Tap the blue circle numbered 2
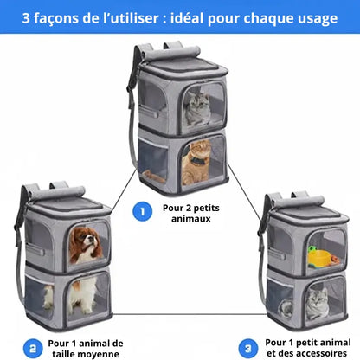(33, 348)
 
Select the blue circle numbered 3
(248, 348)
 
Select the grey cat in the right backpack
(314, 301)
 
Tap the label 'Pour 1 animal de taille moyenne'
(87, 348)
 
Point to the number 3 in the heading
(28, 17)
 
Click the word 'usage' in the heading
(313, 17)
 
